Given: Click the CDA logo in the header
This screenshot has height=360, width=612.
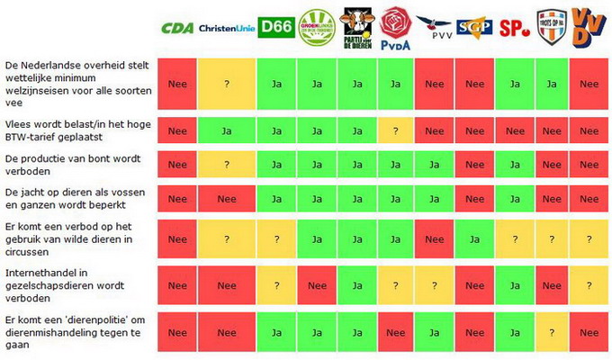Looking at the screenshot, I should coord(177,28).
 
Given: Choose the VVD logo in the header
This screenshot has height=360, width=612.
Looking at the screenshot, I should coord(589,26).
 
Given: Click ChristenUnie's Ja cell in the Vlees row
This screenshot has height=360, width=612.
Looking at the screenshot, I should coord(226,130).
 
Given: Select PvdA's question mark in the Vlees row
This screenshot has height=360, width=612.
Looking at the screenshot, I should coord(395,130).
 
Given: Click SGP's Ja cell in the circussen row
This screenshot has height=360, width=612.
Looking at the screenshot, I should coord(473,238).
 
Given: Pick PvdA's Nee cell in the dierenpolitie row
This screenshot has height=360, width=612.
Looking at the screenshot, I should coord(395,331).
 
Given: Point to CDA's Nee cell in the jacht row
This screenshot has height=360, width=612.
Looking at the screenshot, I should coord(177,200).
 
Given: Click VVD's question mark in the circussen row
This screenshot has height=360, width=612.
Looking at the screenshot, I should coord(589,238).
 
